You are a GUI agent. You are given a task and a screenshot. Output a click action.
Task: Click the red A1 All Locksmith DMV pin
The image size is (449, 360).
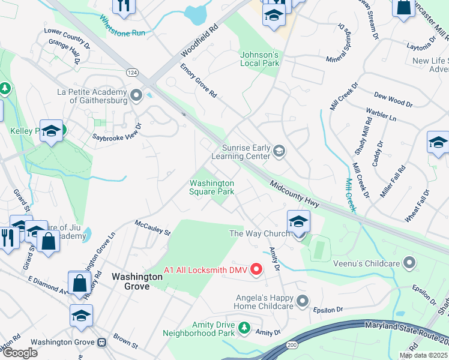pos(256,269)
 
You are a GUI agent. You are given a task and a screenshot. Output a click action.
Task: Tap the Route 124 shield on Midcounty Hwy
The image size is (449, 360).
pos(131,72)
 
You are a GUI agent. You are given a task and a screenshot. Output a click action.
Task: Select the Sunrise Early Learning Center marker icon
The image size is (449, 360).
pos(279,150)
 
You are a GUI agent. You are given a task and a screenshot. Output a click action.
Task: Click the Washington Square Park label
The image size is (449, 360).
pos(211,187)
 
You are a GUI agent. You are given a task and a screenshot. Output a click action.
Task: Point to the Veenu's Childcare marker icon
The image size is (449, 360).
pos(410,262)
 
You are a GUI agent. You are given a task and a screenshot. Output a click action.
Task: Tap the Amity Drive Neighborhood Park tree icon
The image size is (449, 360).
pos(244,328)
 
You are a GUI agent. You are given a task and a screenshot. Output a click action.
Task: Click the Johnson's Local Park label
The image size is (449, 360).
pos(260,59)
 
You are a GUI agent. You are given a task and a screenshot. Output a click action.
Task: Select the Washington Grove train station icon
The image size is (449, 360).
pos(102,342)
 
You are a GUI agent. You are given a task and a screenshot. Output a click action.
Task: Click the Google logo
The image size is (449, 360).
pos(20,353)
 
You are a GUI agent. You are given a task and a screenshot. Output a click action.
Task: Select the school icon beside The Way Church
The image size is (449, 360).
pos(298,221)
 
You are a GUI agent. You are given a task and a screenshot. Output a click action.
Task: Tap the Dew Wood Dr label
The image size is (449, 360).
pos(393,100)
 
